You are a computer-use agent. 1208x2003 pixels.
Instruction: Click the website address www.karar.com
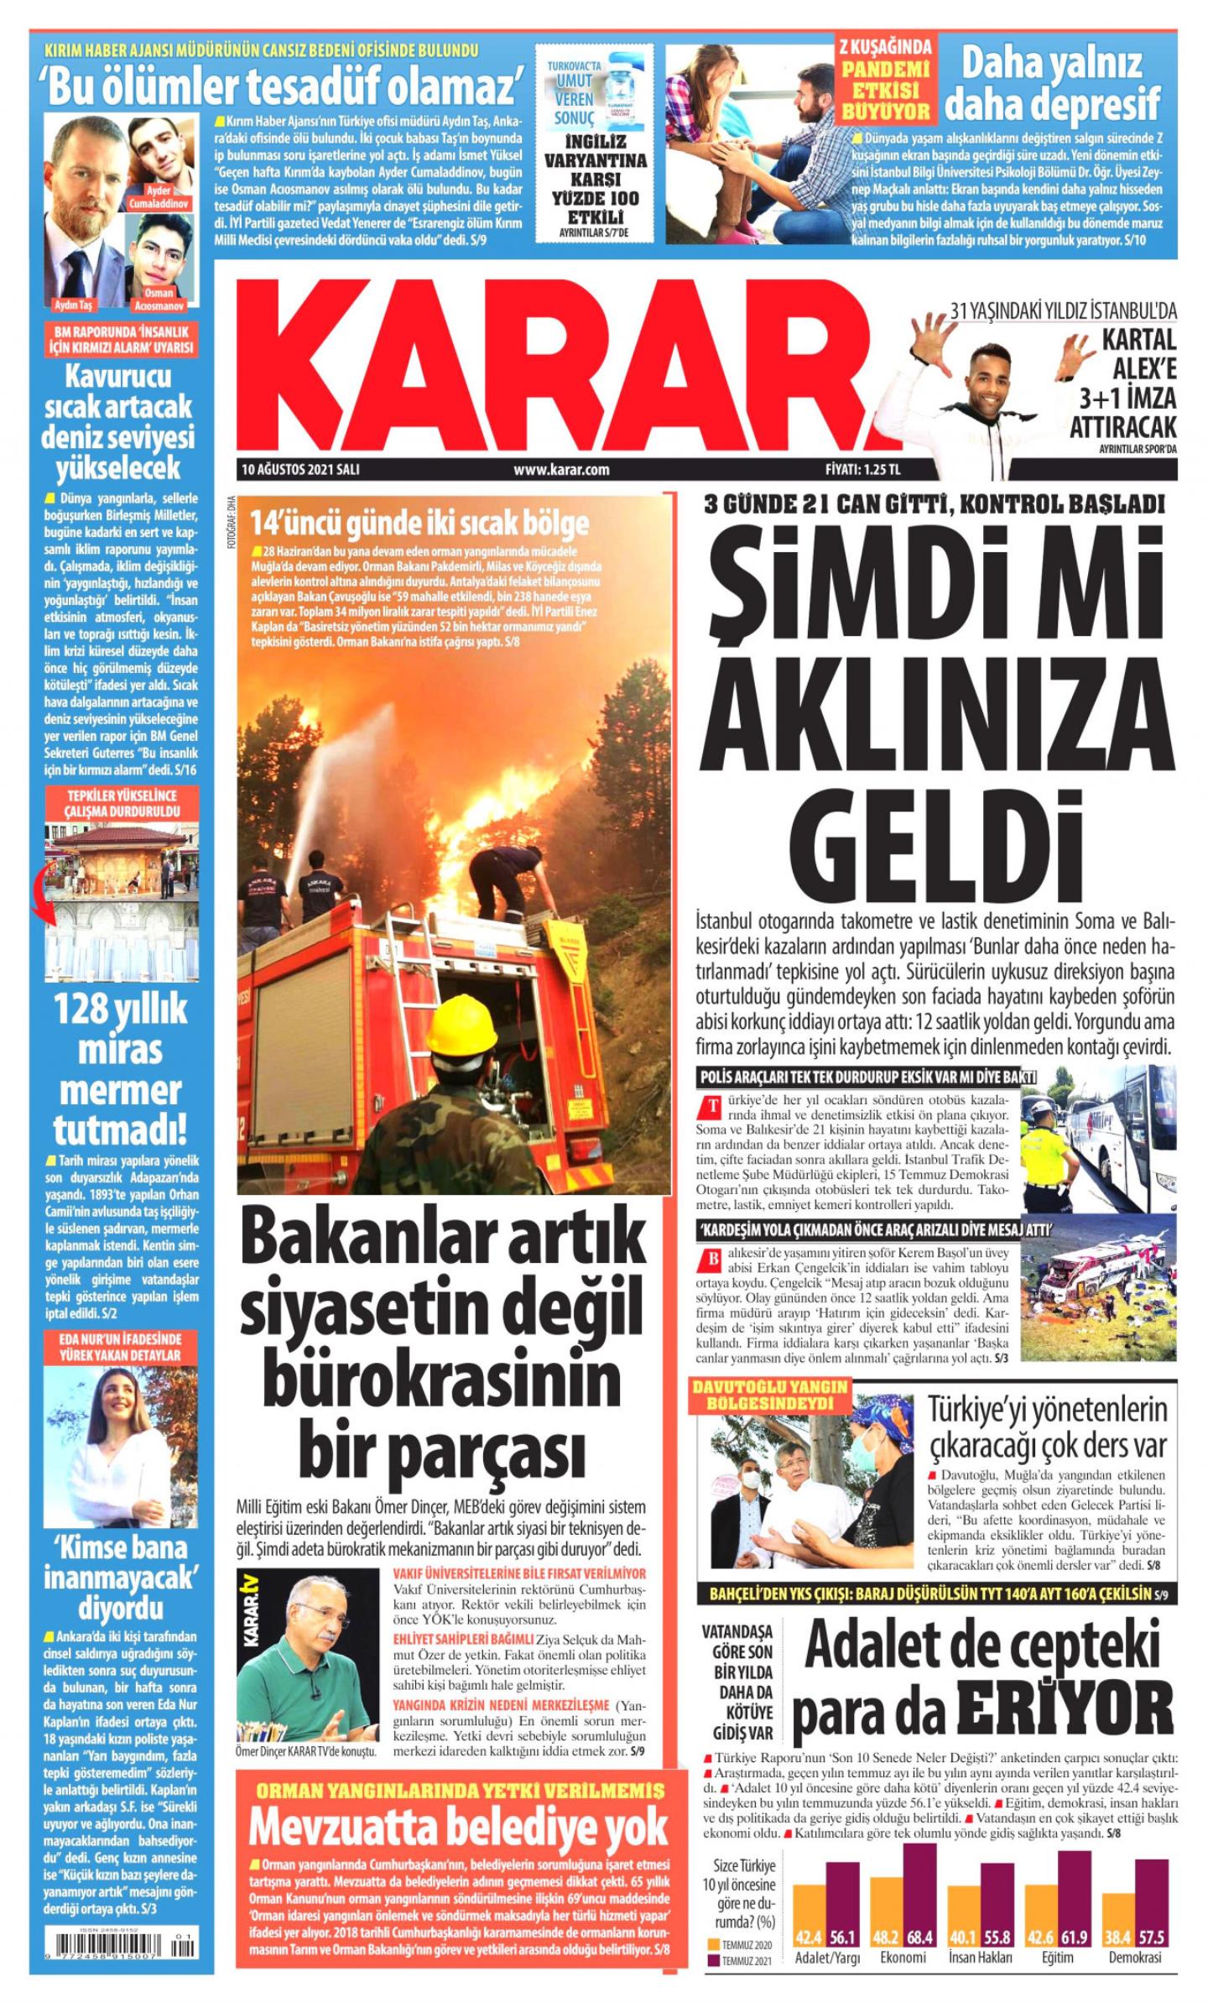[561, 469]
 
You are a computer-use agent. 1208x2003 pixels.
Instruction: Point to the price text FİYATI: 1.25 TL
[867, 469]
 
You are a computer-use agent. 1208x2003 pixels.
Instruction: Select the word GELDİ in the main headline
[935, 828]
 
